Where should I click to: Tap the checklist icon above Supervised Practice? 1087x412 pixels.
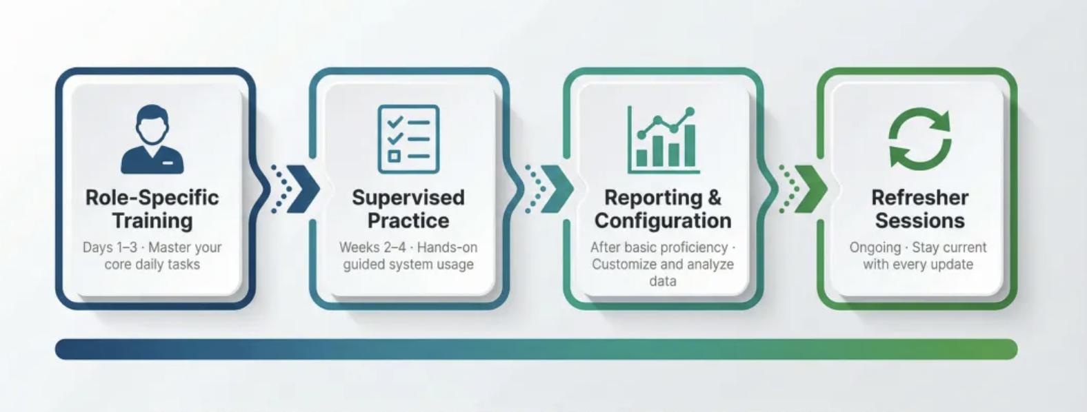(408, 139)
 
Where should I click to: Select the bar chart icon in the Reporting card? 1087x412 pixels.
(664, 140)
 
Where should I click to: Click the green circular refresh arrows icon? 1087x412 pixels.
(919, 138)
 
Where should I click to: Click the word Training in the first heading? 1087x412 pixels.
(152, 221)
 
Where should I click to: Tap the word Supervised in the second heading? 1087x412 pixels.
(408, 197)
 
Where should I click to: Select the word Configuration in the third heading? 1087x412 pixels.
(663, 220)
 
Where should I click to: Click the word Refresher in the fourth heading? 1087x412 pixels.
(919, 197)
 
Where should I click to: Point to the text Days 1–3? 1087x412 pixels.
(110, 247)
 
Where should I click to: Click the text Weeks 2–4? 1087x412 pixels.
(372, 247)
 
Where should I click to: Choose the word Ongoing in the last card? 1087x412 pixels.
(875, 248)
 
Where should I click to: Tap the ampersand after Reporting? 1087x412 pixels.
(715, 197)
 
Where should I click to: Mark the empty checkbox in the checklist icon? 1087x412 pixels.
(394, 156)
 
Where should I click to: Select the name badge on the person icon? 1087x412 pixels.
(168, 163)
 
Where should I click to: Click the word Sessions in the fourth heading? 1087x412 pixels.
(919, 220)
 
